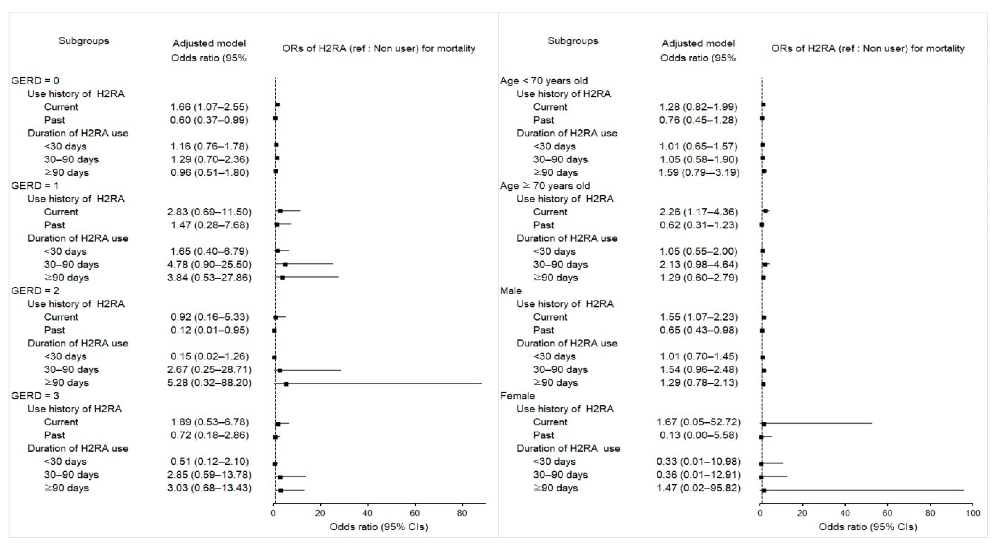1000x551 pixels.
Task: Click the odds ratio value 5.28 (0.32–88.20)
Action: [209, 383]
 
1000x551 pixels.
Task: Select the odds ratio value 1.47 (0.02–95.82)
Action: [698, 488]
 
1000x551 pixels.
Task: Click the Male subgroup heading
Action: [511, 291]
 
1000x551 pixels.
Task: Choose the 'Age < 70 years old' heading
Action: [544, 81]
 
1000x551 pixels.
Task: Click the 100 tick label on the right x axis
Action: [972, 513]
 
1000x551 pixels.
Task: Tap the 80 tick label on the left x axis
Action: [462, 513]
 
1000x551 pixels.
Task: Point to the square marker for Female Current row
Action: [764, 424]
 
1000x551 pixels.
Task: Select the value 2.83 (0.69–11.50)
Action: [209, 212]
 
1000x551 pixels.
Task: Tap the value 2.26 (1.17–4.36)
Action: [698, 212]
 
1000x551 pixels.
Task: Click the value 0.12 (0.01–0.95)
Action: [209, 330]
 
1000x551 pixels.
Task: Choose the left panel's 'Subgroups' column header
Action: [84, 41]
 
